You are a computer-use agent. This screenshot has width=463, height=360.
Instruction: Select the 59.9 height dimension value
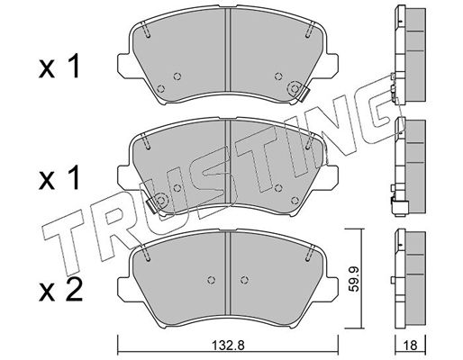[355, 280]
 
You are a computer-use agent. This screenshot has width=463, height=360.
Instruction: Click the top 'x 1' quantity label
[59, 67]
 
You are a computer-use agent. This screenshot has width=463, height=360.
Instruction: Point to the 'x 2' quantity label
[60, 289]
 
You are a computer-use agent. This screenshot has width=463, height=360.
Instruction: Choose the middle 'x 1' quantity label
[59, 177]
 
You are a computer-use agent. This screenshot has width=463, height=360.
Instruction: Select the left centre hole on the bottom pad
[212, 280]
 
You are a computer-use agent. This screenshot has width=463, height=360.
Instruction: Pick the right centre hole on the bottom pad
[245, 280]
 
